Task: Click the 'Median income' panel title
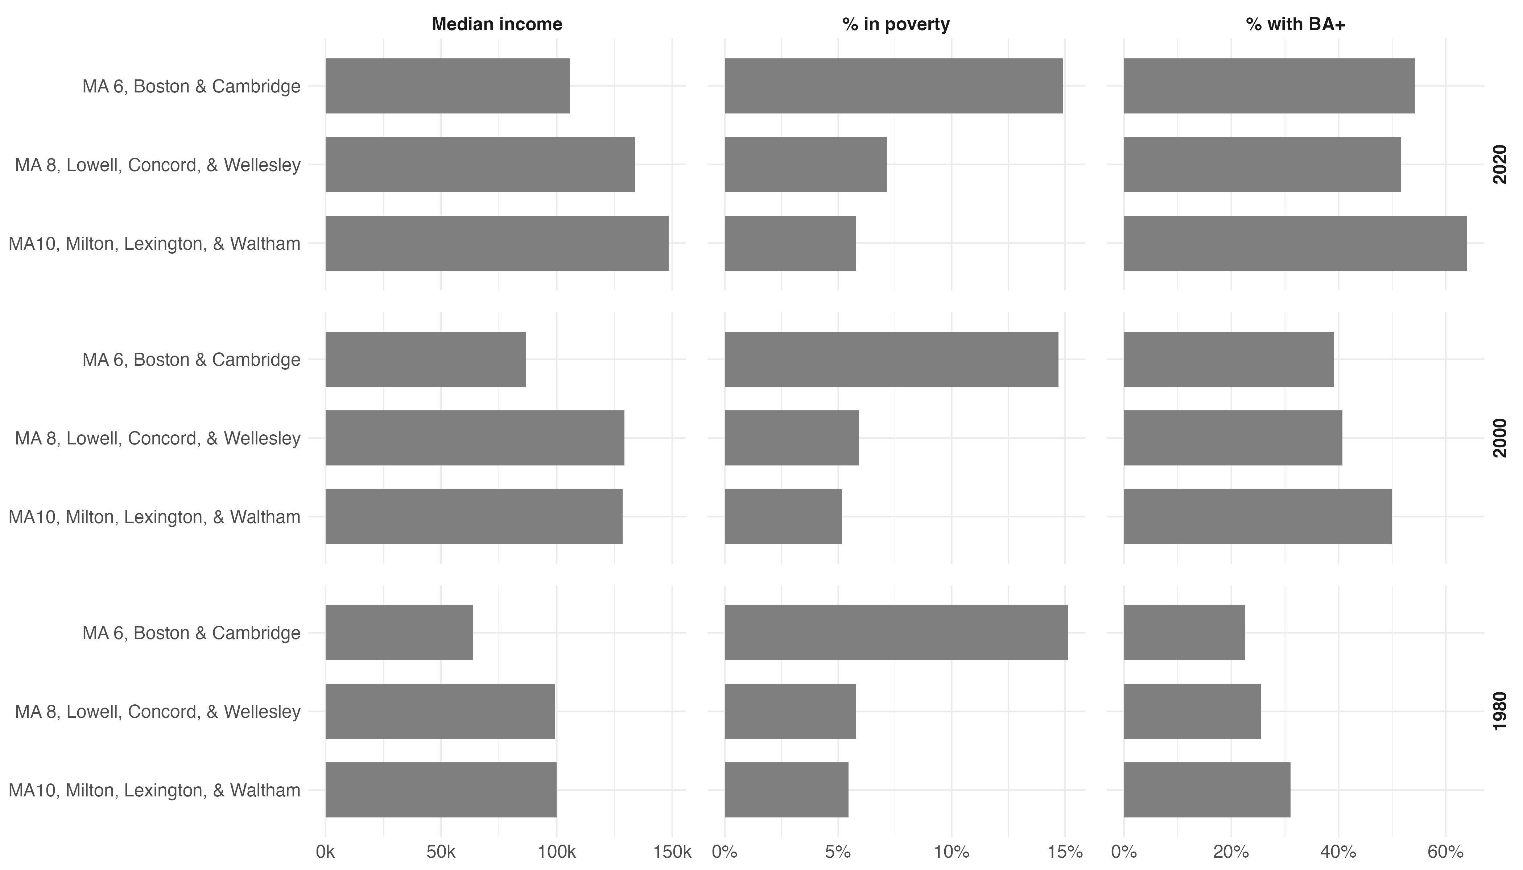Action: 497,25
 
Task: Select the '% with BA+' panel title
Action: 1295,25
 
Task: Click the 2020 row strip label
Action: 1500,164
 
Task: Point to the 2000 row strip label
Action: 1500,438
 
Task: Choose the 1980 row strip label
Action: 1500,711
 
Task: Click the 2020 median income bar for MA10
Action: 497,243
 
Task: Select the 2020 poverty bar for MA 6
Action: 893,86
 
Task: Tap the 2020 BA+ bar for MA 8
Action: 1262,164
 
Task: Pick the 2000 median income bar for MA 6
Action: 426,359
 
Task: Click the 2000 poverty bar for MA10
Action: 783,516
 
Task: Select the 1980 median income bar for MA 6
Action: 399,632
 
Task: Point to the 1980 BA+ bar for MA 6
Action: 1184,632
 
